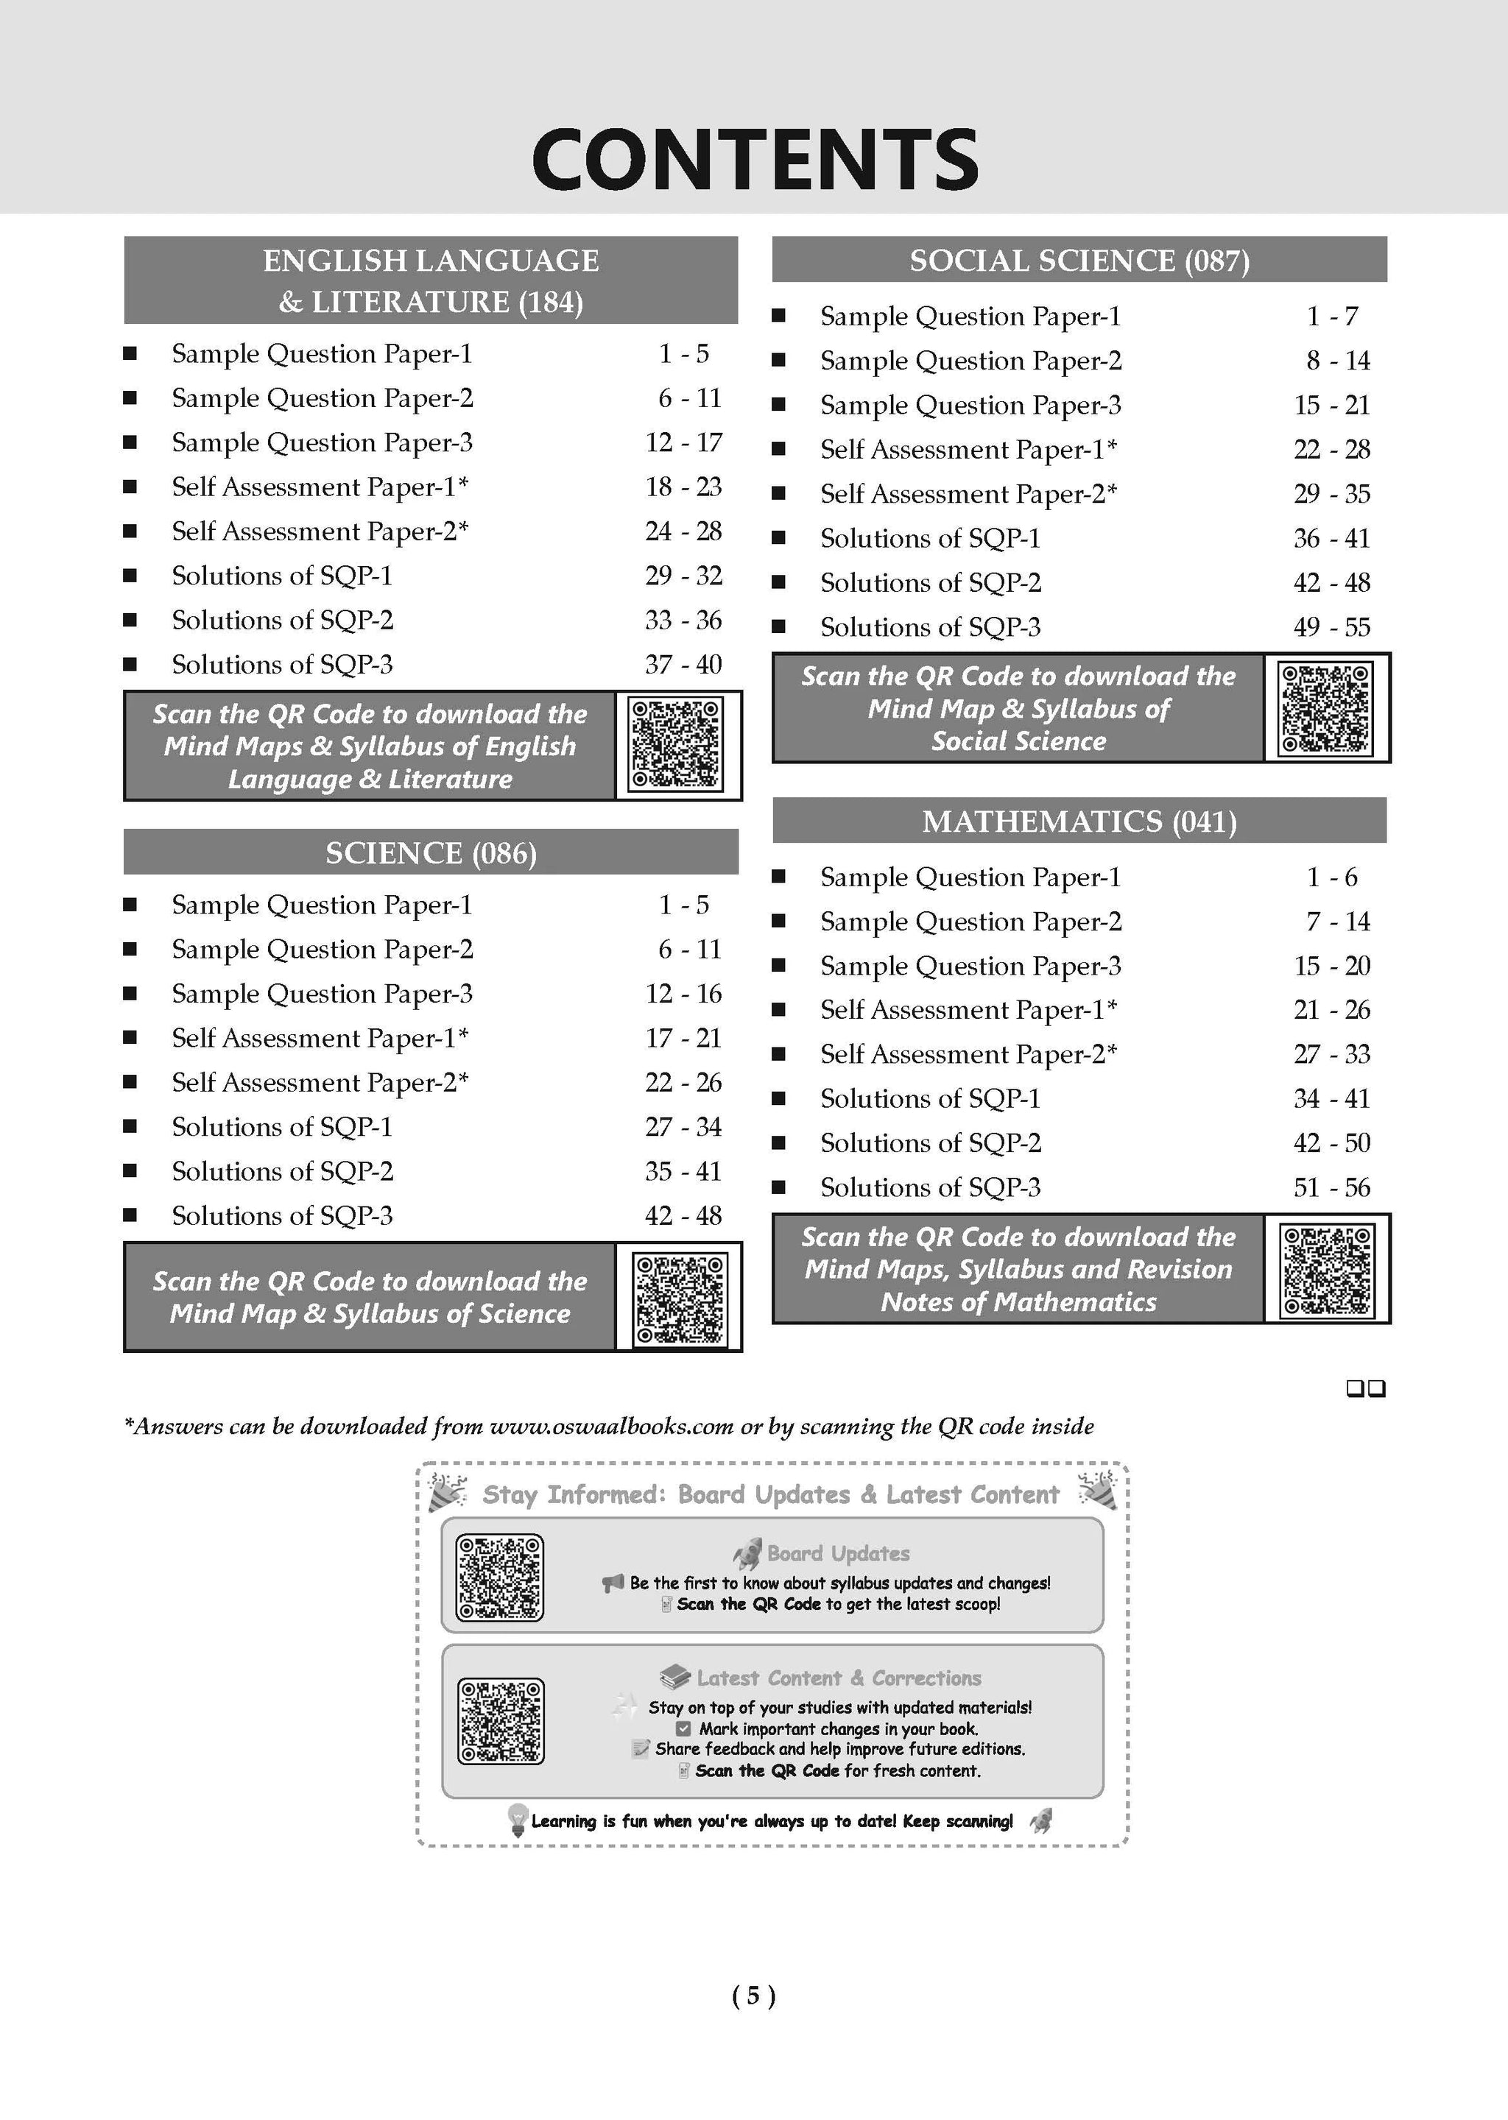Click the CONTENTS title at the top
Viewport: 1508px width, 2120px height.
(754, 160)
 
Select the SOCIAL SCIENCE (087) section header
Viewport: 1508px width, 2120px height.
(1079, 261)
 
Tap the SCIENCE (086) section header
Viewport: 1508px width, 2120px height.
(431, 853)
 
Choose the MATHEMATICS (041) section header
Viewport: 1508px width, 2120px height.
(1079, 821)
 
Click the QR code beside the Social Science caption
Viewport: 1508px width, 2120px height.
(1326, 708)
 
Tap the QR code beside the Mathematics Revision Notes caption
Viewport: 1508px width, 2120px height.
(1326, 1270)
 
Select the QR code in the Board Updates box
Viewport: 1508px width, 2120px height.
(499, 1578)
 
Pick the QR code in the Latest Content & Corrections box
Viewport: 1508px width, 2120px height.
(501, 1720)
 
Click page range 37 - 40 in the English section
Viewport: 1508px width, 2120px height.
(683, 665)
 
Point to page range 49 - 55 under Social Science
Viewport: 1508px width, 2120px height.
(1331, 627)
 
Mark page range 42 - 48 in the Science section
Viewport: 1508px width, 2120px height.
(683, 1216)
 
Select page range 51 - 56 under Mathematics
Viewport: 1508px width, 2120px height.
(1331, 1187)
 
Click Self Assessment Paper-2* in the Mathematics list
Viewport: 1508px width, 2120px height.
(968, 1054)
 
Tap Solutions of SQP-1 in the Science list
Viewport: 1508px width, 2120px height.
(282, 1127)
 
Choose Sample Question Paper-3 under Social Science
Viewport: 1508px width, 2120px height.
(970, 405)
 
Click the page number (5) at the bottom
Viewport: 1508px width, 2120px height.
(753, 1995)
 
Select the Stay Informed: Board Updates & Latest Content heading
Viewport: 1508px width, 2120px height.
(771, 1494)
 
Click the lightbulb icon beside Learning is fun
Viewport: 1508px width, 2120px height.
(517, 1819)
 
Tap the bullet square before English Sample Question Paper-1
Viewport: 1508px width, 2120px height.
(130, 353)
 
